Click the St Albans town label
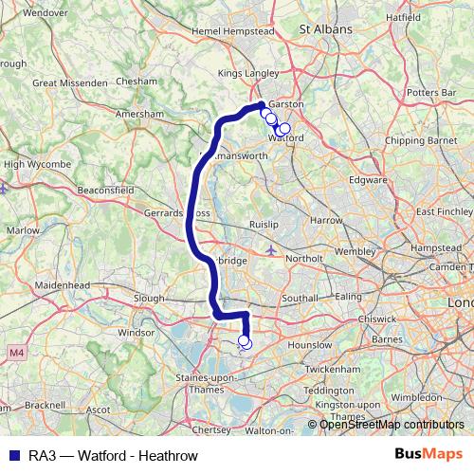coord(325,29)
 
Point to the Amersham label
coord(134,112)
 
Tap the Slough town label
coord(150,298)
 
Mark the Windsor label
coord(136,333)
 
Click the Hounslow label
coord(309,346)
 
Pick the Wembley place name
coord(355,251)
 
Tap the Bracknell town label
coord(46,404)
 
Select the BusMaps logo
coord(428,455)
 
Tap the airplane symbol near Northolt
coord(273,250)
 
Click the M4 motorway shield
coord(15,353)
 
